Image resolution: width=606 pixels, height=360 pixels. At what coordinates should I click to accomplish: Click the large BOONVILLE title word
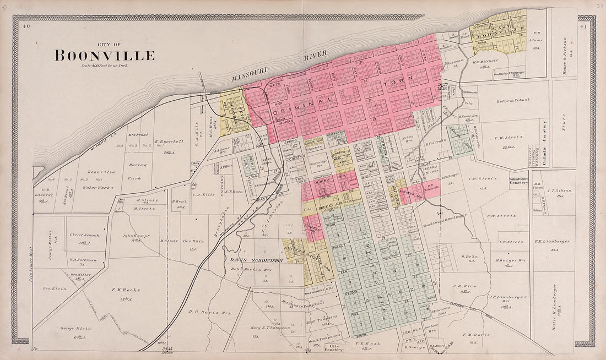click(104, 56)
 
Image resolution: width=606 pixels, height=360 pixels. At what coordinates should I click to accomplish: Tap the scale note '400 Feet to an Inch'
click(104, 66)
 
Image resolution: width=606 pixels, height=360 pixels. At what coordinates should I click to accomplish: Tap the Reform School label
click(512, 100)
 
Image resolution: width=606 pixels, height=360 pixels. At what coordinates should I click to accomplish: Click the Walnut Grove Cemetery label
click(518, 181)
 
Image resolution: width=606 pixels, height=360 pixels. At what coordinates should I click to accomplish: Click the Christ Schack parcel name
click(84, 235)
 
